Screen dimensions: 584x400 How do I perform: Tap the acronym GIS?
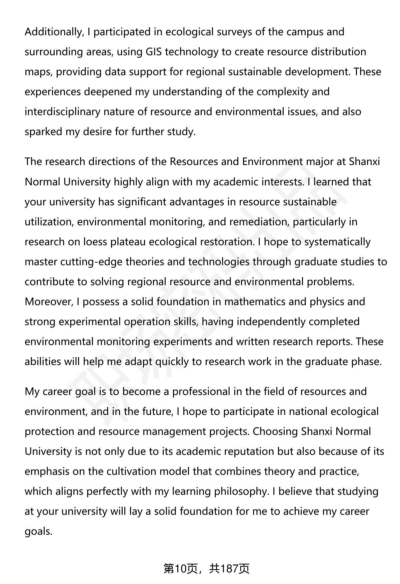coord(155,52)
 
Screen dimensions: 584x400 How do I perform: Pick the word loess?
coord(95,242)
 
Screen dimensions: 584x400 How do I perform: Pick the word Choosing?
coord(275,432)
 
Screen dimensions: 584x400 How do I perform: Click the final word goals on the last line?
coord(38,531)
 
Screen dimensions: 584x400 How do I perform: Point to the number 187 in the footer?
coord(230,569)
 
